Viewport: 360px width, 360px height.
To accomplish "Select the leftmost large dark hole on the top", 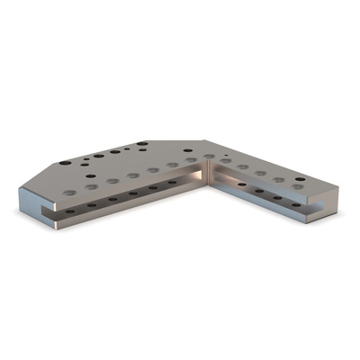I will (65, 162).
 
